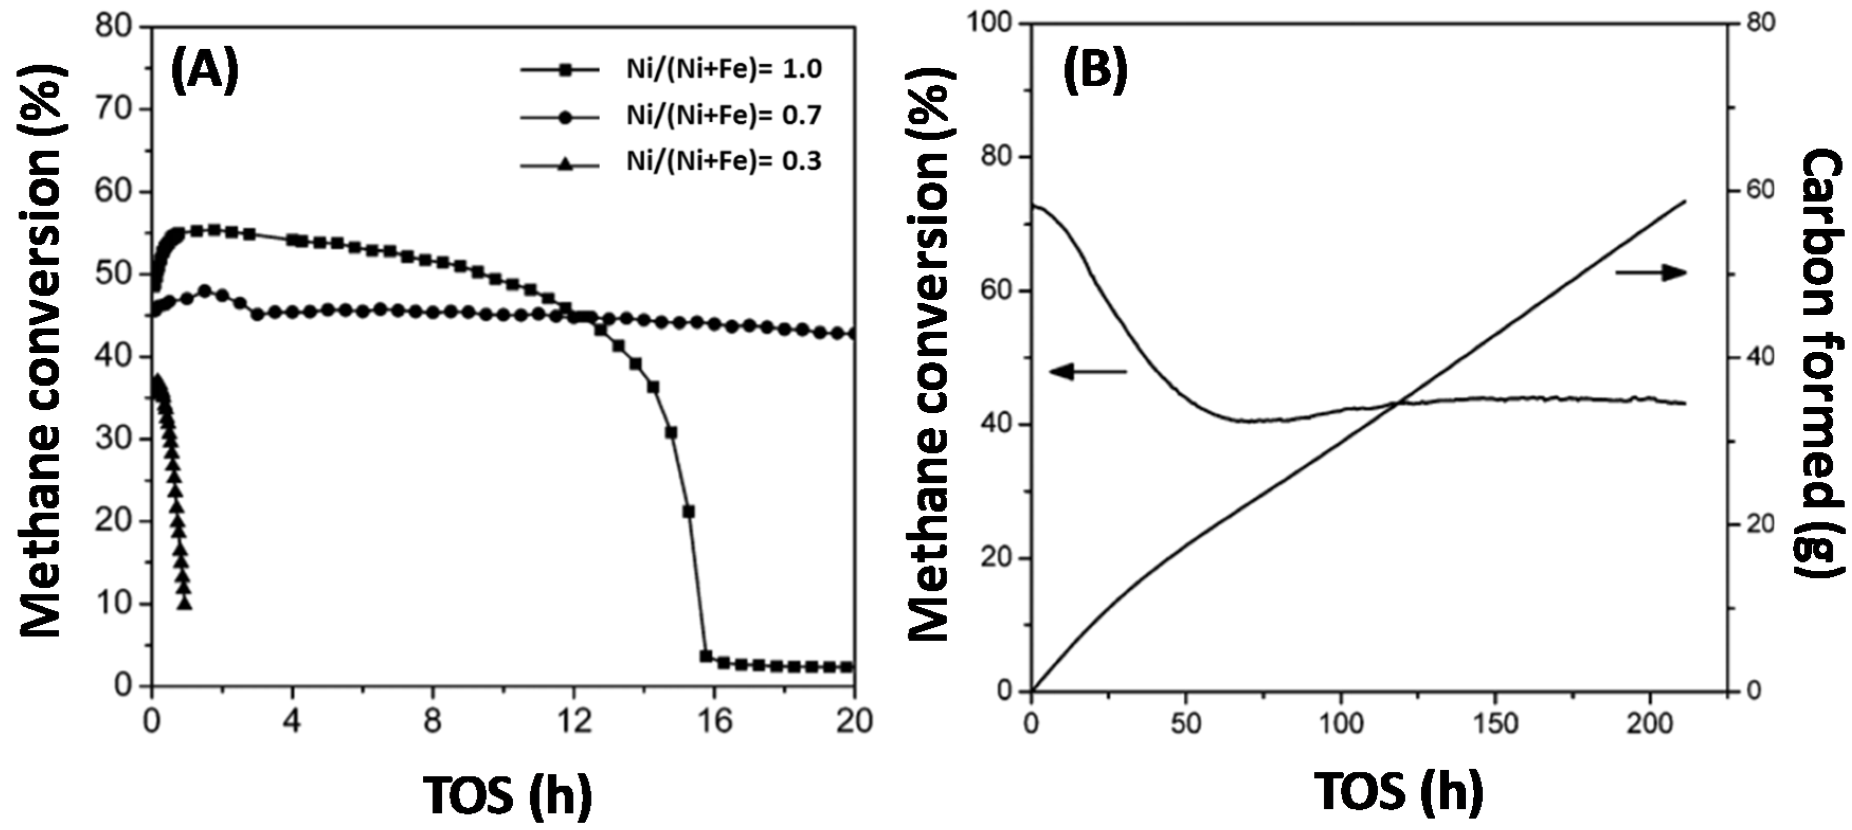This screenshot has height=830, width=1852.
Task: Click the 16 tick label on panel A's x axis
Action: coord(714,721)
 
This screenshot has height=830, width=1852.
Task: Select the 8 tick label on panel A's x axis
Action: coord(433,721)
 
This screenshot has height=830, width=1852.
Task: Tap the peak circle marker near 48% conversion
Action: coord(205,291)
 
